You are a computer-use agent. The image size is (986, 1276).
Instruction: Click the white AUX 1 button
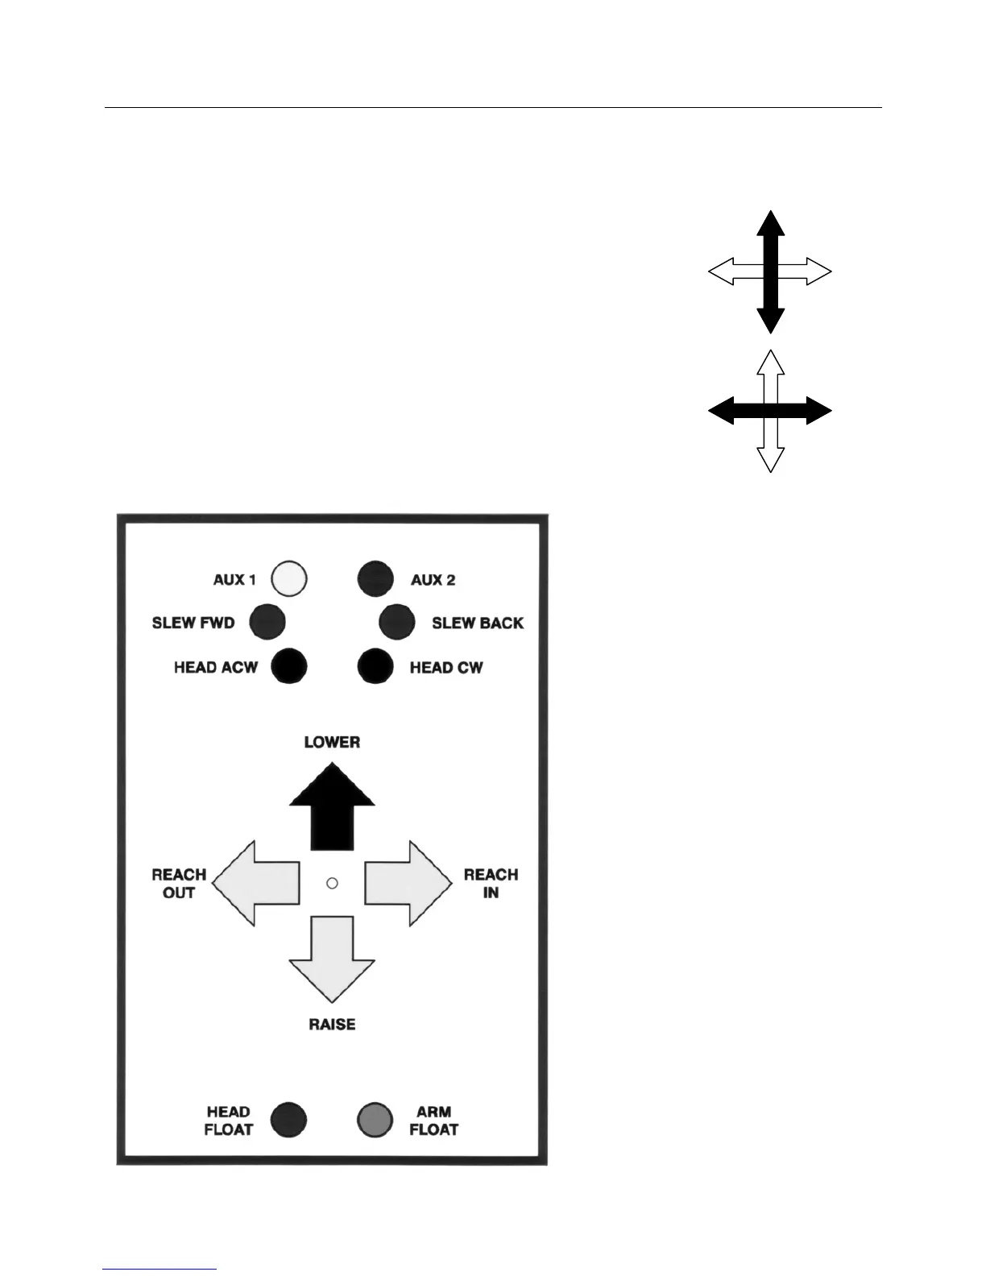pos(289,578)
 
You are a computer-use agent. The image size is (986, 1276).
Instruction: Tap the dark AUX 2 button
pos(375,578)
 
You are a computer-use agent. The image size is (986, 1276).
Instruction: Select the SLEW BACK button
pos(397,622)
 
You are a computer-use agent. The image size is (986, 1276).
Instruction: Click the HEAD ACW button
pos(289,666)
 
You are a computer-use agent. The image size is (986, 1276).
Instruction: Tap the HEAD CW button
pos(375,666)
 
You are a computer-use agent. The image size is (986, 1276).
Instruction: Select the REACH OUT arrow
pos(256,884)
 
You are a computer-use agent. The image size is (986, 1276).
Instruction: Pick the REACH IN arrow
pos(408,884)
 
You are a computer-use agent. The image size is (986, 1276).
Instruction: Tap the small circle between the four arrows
pos(332,884)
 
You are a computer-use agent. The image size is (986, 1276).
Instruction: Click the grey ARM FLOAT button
pos(375,1119)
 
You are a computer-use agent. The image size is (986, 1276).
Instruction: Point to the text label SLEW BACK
pos(478,623)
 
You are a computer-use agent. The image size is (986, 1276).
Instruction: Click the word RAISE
pos(332,1025)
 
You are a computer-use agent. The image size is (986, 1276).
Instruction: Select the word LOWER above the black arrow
pos(332,742)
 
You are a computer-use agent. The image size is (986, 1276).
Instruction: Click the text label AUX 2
pos(433,580)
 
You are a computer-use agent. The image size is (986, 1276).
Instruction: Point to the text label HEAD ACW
pos(216,667)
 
